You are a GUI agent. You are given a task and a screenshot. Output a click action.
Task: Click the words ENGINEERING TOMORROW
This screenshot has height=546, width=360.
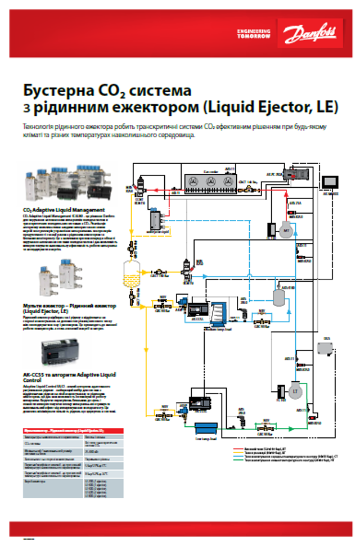point(253,34)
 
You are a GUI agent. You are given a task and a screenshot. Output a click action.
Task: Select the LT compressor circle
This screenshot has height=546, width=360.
point(294,390)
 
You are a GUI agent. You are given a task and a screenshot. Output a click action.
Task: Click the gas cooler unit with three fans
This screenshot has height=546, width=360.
point(210,182)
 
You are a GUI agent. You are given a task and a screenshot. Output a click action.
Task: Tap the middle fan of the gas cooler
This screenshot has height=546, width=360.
point(210,182)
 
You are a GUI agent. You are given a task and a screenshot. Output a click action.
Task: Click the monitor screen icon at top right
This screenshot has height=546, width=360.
point(331,182)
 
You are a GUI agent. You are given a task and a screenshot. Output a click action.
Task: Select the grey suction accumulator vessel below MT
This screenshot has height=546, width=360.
point(278,296)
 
